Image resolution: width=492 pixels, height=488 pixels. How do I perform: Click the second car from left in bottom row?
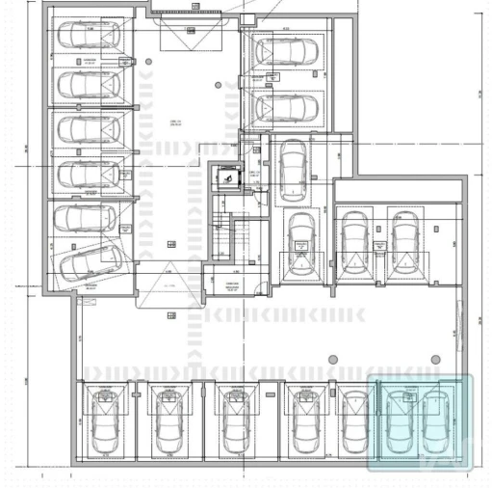[x=168, y=422]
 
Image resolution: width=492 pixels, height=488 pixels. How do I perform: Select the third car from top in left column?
[x=89, y=129]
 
